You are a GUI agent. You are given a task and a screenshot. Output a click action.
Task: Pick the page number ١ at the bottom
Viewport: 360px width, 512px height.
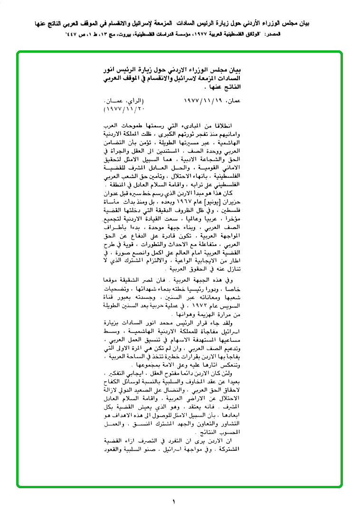[174, 501]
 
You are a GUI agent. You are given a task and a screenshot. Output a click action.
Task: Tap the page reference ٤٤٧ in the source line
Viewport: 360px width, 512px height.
[71, 35]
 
